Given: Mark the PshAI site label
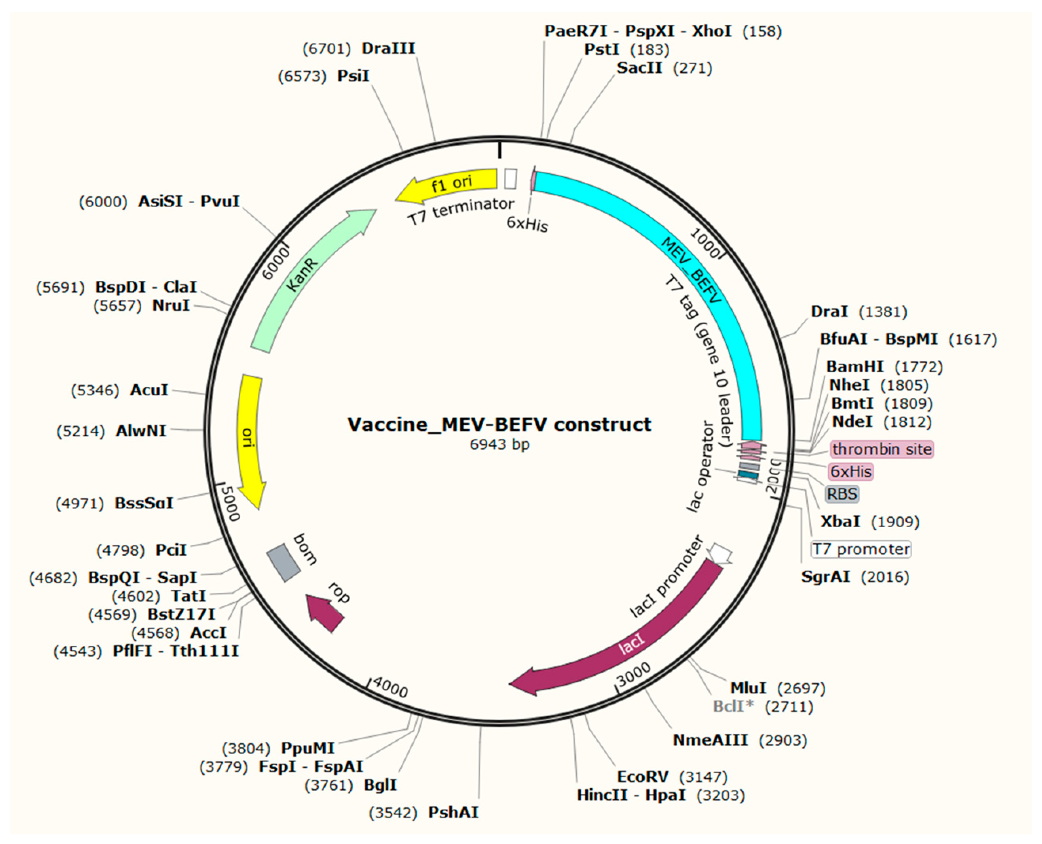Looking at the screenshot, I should pyautogui.click(x=453, y=812).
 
